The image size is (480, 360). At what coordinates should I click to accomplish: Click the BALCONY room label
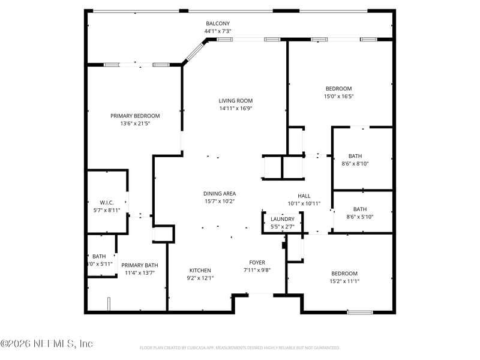tap(218, 23)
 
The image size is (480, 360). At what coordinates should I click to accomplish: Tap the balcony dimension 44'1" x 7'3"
tap(218, 31)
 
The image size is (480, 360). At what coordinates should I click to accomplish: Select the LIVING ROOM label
tap(235, 101)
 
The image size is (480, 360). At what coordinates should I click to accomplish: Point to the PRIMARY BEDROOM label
tap(135, 116)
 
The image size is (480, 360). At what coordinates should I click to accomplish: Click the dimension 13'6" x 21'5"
tap(135, 124)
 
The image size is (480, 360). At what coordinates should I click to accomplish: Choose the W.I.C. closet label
tap(107, 202)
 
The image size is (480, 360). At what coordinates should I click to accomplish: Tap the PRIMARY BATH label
tap(140, 265)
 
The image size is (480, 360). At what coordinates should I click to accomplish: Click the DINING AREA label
tap(219, 193)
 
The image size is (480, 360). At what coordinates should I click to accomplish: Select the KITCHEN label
tap(200, 270)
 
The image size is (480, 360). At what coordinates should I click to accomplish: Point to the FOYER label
tap(257, 262)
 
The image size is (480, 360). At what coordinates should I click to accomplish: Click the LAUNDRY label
tap(282, 219)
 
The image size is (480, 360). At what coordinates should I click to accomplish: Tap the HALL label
tap(304, 196)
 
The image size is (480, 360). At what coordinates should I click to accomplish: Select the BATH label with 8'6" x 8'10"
tap(355, 155)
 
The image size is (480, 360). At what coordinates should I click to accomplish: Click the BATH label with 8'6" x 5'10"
tap(360, 209)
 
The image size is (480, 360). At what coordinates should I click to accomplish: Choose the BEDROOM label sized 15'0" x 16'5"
tap(338, 88)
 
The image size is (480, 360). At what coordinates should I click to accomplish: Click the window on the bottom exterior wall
tap(360, 312)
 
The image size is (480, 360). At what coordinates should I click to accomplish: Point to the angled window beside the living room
tap(195, 52)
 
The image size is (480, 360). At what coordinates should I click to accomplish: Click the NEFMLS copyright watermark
tap(47, 344)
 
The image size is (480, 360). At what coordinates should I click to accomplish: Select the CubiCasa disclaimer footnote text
tap(240, 348)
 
